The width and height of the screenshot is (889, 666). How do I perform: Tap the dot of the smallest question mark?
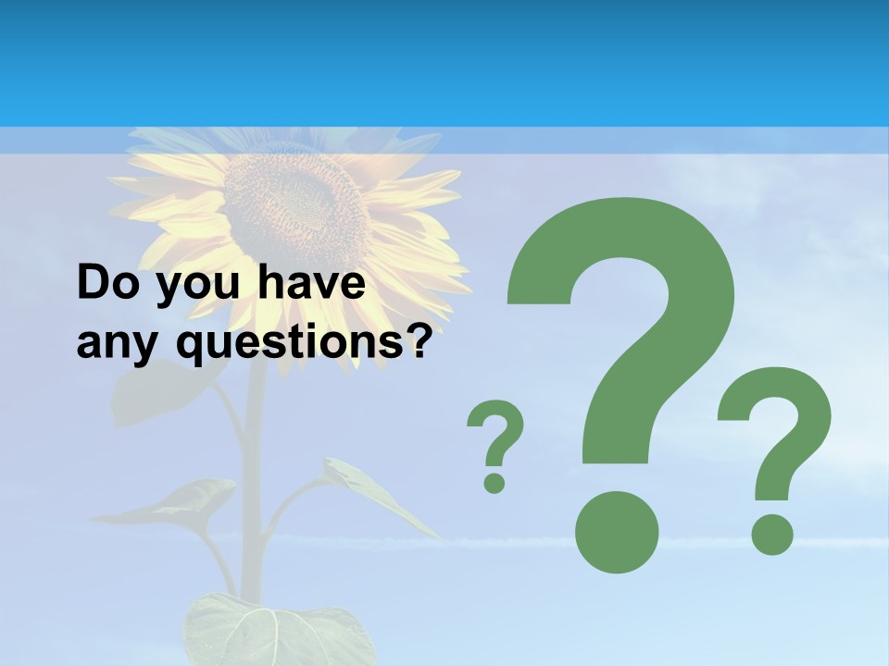495,482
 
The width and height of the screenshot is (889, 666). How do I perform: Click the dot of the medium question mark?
772,535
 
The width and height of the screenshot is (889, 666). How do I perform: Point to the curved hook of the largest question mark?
648,277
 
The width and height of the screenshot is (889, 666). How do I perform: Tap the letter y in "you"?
169,289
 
